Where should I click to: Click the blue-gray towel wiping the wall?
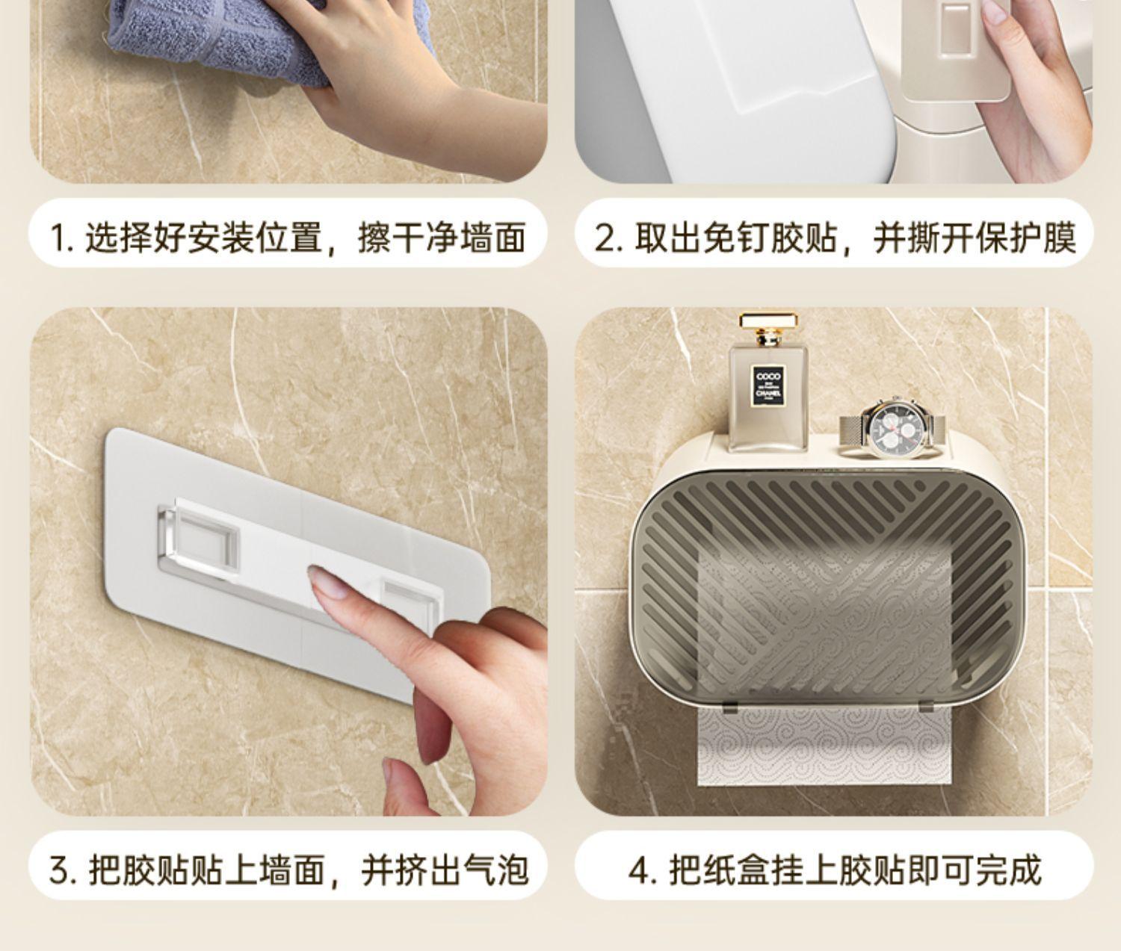pos(217,43)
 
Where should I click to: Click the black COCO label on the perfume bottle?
pos(768,386)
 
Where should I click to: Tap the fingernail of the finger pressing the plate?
pos(327,585)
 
